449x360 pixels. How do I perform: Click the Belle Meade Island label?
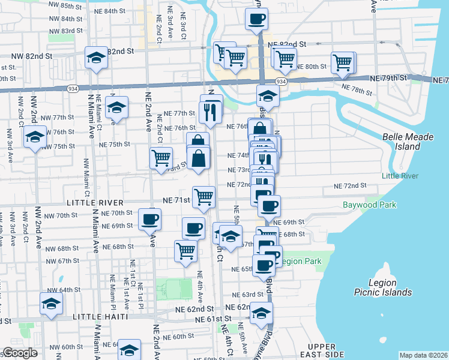[408, 142]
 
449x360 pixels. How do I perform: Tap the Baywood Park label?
[369, 205]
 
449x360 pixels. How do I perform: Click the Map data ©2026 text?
[423, 355]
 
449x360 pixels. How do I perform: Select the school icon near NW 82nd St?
[96, 58]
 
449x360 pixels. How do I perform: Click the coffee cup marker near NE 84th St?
[257, 18]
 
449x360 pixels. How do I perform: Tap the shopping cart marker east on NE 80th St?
[342, 62]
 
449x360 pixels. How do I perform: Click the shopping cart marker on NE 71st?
[204, 196]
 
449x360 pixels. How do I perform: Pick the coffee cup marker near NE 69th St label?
[150, 218]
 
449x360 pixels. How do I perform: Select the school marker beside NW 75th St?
[35, 137]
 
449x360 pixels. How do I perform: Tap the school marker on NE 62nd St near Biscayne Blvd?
[261, 313]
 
